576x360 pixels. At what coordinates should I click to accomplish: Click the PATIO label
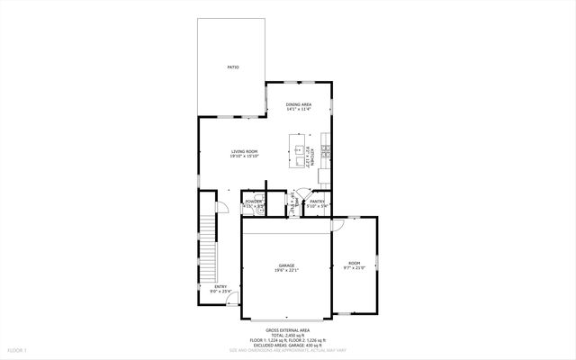point(232,68)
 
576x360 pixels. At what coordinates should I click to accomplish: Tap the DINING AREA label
point(300,104)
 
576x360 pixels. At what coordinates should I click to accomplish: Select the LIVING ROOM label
point(245,151)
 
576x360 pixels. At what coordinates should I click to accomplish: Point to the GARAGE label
point(286,265)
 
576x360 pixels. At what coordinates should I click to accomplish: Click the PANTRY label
point(317,202)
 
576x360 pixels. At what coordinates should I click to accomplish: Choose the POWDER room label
point(253,202)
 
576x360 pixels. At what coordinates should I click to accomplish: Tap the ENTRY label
point(220,287)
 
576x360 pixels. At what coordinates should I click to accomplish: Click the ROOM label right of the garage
point(354,263)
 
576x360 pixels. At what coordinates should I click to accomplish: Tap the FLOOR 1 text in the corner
point(18,349)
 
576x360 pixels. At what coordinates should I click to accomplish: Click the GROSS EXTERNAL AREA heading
point(288,329)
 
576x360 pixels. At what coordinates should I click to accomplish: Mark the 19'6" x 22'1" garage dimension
point(286,271)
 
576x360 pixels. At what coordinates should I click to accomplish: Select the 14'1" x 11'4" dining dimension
point(300,110)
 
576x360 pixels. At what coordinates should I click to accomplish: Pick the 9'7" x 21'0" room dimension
point(354,268)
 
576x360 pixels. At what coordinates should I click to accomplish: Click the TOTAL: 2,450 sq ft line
point(288,335)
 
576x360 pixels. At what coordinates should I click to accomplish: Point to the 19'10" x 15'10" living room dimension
point(245,157)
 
